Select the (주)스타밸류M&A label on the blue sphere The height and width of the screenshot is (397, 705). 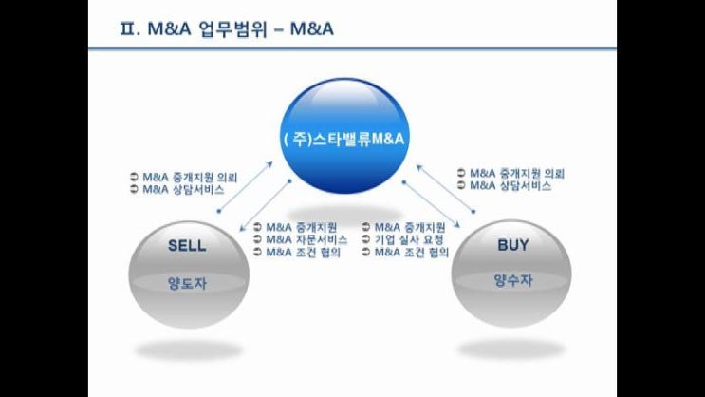click(345, 139)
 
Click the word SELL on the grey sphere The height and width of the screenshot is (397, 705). click(187, 245)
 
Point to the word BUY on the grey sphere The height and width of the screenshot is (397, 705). click(513, 245)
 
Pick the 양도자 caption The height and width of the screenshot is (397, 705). click(187, 282)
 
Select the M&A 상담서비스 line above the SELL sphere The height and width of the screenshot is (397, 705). click(183, 189)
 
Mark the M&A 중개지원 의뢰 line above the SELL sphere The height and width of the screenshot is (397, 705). click(189, 177)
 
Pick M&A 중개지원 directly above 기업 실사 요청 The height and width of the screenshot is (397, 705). click(410, 227)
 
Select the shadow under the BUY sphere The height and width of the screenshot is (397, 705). click(512, 349)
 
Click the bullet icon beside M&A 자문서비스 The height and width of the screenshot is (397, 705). click(258, 239)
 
